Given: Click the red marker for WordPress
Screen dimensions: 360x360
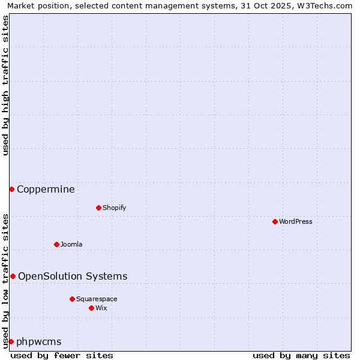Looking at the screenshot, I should pyautogui.click(x=275, y=221).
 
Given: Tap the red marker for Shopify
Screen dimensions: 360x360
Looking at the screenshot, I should pyautogui.click(x=98, y=208).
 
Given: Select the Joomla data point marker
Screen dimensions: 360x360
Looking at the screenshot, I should pyautogui.click(x=56, y=244).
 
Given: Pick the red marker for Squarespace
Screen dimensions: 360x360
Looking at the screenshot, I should pyautogui.click(x=72, y=299).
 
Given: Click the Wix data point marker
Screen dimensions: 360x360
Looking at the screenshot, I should pyautogui.click(x=91, y=308).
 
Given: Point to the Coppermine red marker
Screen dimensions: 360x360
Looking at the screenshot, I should pyautogui.click(x=11, y=190).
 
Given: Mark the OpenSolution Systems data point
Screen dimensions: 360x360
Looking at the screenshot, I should pyautogui.click(x=13, y=276).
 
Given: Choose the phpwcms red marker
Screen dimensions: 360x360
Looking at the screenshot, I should pyautogui.click(x=11, y=341).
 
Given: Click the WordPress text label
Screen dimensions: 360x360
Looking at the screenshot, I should pyautogui.click(x=296, y=221).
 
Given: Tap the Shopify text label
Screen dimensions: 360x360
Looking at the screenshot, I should pyautogui.click(x=114, y=208).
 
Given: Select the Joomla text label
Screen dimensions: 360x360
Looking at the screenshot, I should pyautogui.click(x=71, y=244).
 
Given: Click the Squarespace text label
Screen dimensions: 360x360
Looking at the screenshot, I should pyautogui.click(x=97, y=299).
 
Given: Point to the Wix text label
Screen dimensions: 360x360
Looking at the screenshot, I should pyautogui.click(x=101, y=308).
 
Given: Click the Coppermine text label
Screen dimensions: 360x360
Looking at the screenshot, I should pyautogui.click(x=46, y=190).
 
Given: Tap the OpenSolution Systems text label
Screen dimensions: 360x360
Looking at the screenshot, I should pyautogui.click(x=73, y=276).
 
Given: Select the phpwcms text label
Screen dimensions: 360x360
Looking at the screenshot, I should pyautogui.click(x=39, y=341).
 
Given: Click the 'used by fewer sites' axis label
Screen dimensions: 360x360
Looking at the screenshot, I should pyautogui.click(x=62, y=355).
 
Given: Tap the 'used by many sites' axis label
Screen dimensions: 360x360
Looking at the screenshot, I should pyautogui.click(x=301, y=355).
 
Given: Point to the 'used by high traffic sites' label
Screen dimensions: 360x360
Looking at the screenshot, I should pyautogui.click(x=5, y=85).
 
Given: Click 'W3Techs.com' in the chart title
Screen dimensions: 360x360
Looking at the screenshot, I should pyautogui.click(x=323, y=5).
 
